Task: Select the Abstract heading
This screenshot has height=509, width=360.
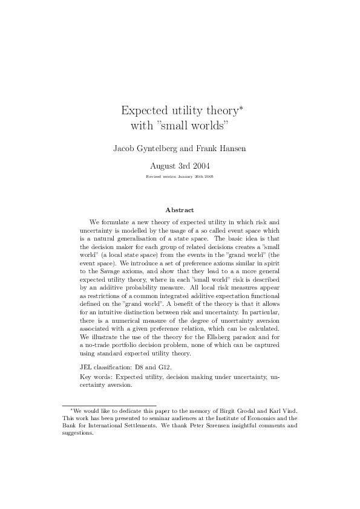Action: coord(180,210)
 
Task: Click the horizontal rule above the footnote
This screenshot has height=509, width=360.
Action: coord(110,405)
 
